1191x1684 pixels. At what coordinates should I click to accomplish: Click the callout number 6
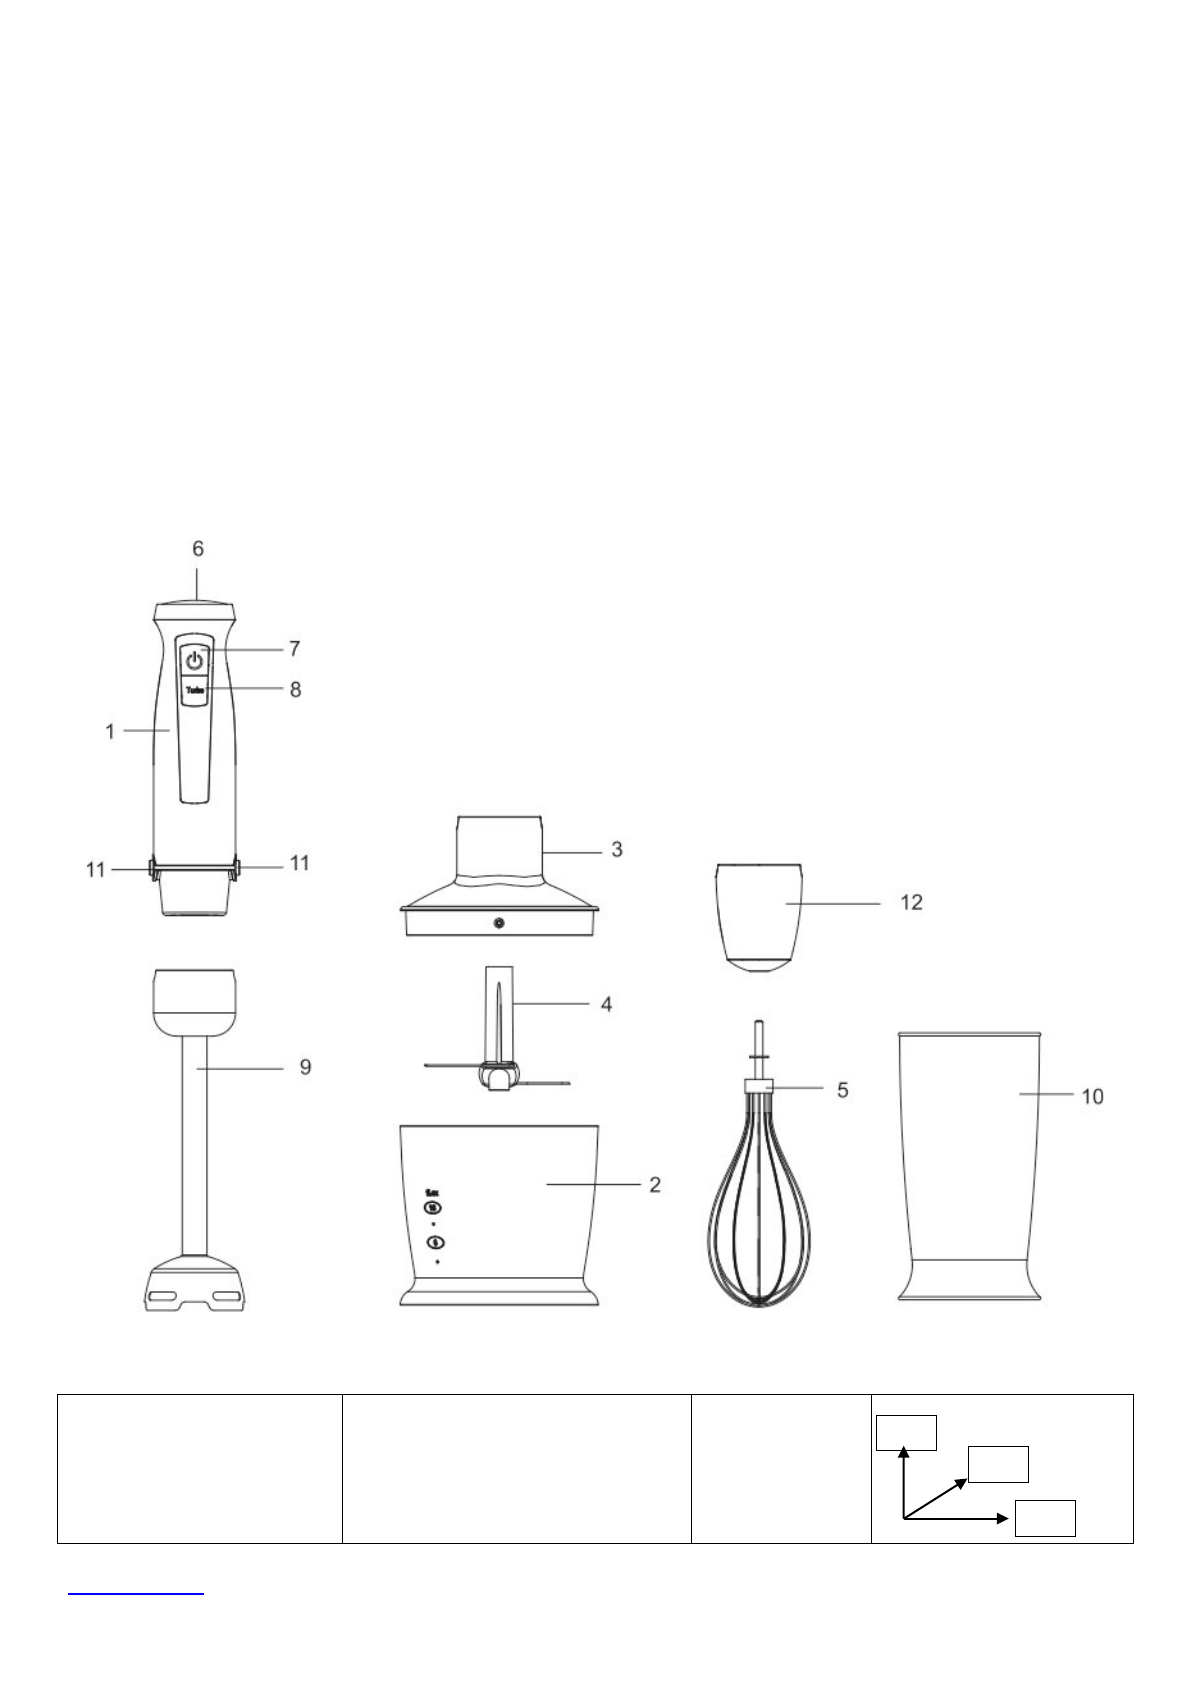tap(198, 549)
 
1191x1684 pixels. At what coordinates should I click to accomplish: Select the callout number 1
tap(110, 732)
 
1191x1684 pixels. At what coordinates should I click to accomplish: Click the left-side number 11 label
tap(95, 870)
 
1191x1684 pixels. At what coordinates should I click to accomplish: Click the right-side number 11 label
tap(300, 862)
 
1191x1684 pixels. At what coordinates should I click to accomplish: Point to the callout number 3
tap(617, 849)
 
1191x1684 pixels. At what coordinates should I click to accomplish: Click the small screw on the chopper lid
tap(499, 923)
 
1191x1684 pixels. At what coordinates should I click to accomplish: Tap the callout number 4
tap(606, 1004)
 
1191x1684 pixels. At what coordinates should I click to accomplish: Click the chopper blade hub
tap(497, 1076)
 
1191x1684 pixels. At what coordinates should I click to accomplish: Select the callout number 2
tap(655, 1184)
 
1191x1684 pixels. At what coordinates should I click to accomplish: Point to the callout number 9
tap(306, 1068)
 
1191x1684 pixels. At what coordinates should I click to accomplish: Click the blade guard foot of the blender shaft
tap(195, 1286)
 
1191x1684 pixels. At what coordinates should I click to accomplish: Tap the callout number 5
tap(843, 1089)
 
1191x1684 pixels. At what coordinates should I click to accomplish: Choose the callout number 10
tap(1092, 1097)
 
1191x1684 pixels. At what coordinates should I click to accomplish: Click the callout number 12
tap(911, 903)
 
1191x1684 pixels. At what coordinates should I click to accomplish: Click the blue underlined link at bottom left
tap(135, 1590)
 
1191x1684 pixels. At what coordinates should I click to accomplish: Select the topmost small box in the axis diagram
tap(906, 1432)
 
